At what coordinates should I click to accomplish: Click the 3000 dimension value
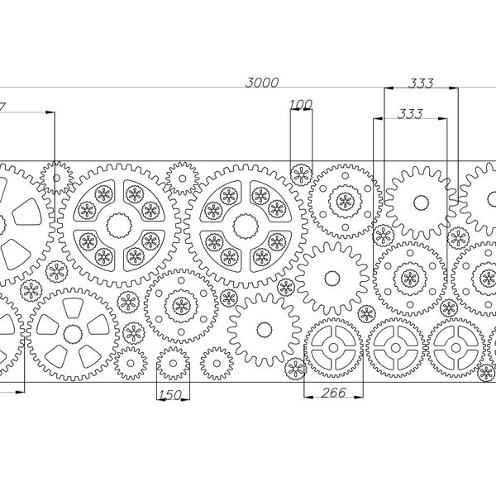point(262,82)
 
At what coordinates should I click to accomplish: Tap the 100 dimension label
point(302,104)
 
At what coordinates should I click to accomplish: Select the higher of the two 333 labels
point(422,83)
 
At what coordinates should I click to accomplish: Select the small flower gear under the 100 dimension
point(302,174)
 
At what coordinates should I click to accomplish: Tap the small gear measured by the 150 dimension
point(173,361)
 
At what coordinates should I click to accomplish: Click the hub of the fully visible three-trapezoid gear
point(74,333)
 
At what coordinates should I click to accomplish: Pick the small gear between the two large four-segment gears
point(181,178)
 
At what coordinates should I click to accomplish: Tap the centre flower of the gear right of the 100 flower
point(344,199)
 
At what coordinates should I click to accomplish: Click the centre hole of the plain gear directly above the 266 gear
point(331,277)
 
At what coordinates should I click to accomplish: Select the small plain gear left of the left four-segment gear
point(56,177)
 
